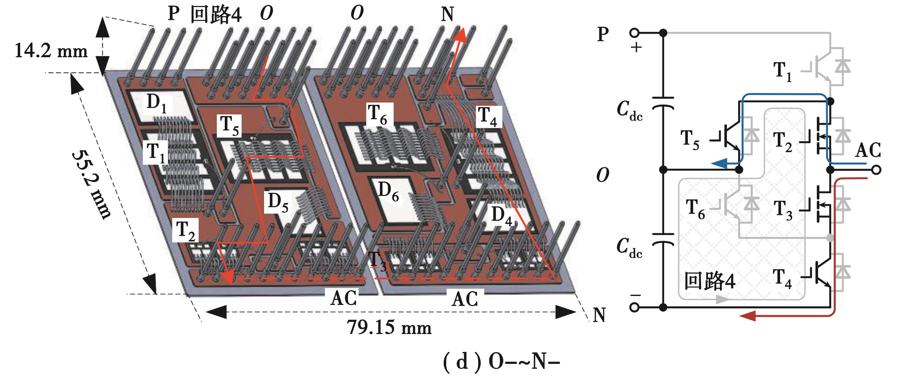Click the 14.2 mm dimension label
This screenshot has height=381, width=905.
(51, 51)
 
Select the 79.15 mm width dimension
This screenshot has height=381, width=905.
(389, 327)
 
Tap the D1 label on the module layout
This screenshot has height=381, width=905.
(157, 104)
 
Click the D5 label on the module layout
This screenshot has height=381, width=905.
(278, 203)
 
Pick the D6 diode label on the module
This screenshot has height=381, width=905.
(388, 192)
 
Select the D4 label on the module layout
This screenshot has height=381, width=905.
(501, 215)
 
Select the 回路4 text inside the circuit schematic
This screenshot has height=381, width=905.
(710, 281)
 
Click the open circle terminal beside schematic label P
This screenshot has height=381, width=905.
(635, 33)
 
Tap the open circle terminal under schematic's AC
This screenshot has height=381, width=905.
(877, 170)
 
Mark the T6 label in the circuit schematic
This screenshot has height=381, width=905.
(696, 209)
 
